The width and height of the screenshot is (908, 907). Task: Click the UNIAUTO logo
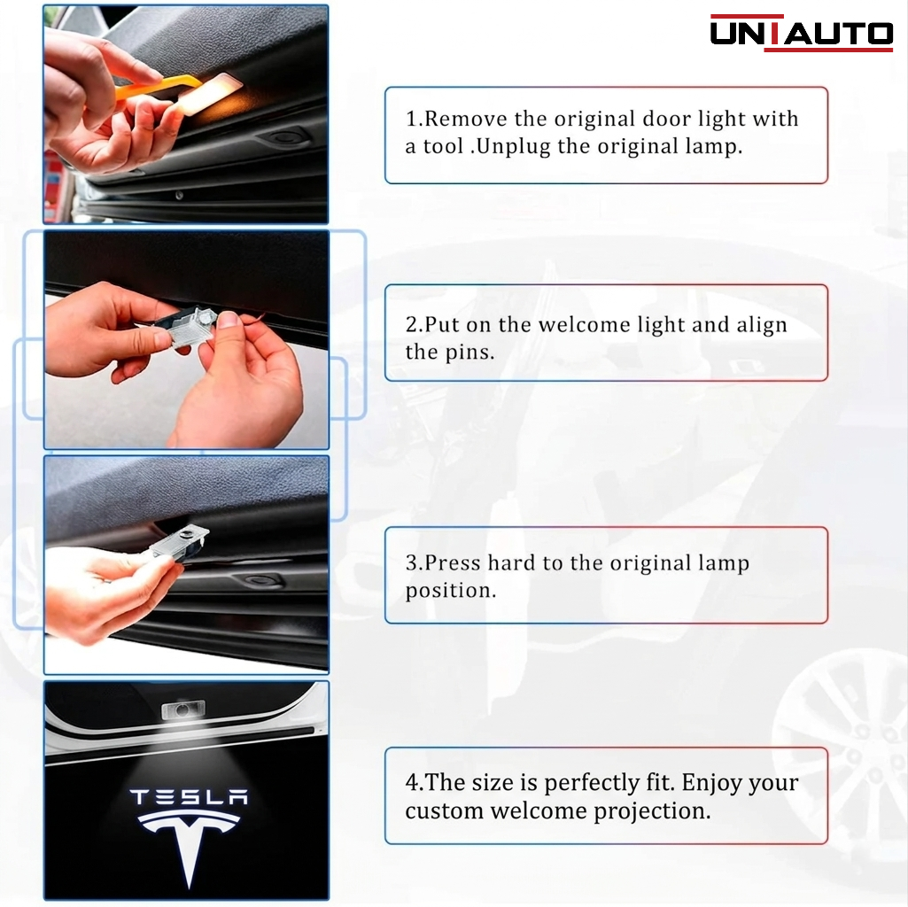[802, 33]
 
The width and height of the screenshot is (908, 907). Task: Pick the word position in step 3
[451, 592]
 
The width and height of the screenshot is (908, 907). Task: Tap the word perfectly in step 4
[591, 783]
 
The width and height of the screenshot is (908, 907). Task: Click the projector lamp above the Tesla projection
[181, 709]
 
